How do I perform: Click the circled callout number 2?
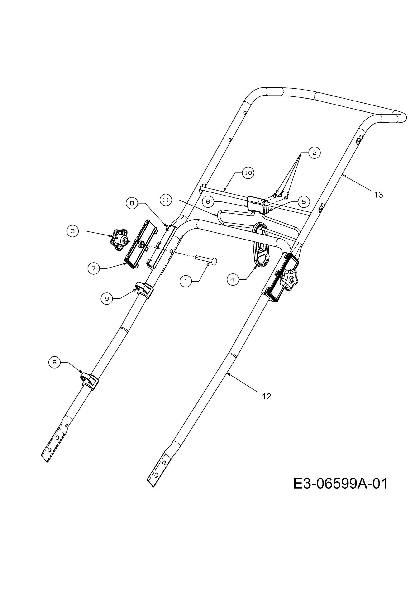point(314,153)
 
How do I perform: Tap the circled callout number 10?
point(248,173)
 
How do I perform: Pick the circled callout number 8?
point(132,203)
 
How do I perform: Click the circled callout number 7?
point(94,268)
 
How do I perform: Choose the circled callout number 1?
point(186,281)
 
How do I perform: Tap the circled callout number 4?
point(233,279)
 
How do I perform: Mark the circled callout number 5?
point(304,202)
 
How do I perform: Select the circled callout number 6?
point(208,202)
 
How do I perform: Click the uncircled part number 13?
point(378,195)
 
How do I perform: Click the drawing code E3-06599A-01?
point(341,484)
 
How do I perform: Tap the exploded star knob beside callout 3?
point(119,240)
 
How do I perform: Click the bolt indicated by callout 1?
point(206,259)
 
